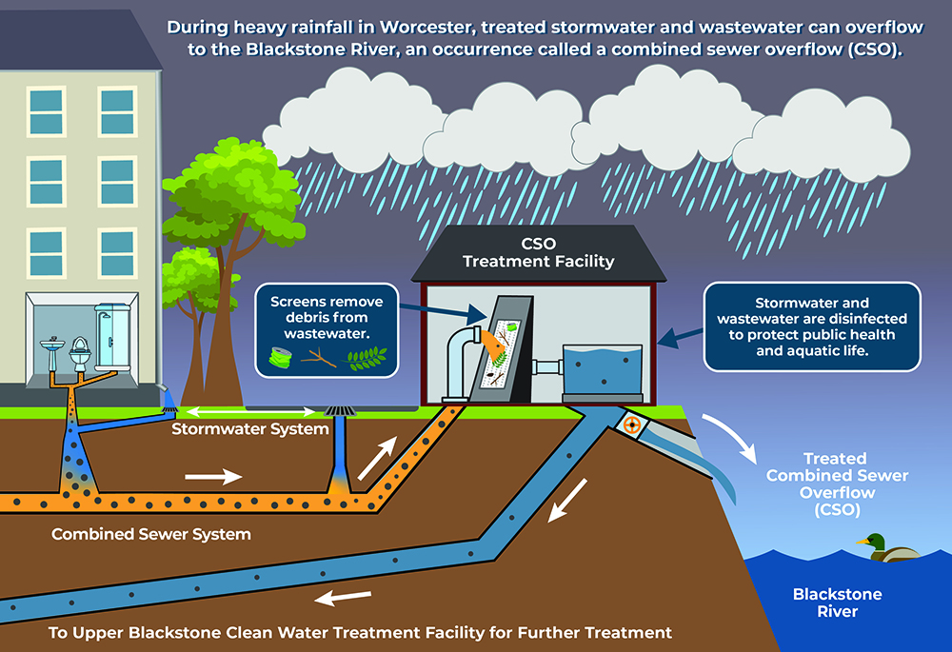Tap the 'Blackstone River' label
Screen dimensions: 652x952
(824, 603)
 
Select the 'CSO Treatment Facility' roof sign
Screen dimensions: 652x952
(539, 252)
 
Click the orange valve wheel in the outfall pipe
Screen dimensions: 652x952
(631, 425)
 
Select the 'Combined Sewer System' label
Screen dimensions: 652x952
(151, 534)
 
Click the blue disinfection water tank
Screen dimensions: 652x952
(604, 372)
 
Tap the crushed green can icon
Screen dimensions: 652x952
(279, 359)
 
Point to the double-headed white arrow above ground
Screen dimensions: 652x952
(252, 412)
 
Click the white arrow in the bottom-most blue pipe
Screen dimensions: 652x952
(344, 599)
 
